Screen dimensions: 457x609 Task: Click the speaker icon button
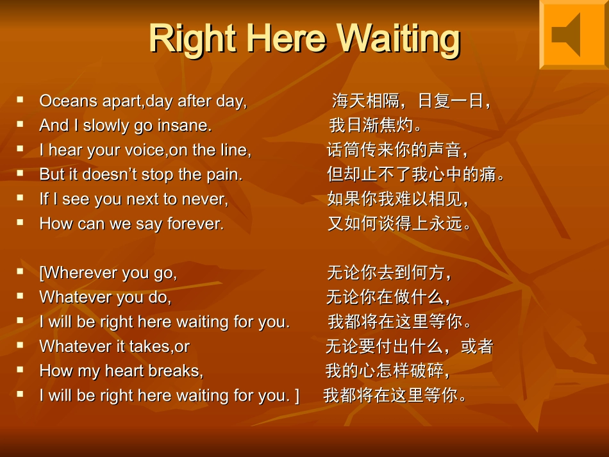point(572,35)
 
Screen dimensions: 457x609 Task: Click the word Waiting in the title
point(398,38)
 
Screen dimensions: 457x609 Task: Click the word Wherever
point(79,273)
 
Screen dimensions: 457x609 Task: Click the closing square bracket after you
point(296,396)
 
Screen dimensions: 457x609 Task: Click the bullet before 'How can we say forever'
point(21,222)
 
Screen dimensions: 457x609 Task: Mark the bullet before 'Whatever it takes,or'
point(21,345)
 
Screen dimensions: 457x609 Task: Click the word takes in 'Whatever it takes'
point(149,347)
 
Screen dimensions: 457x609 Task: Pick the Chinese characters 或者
point(477,347)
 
